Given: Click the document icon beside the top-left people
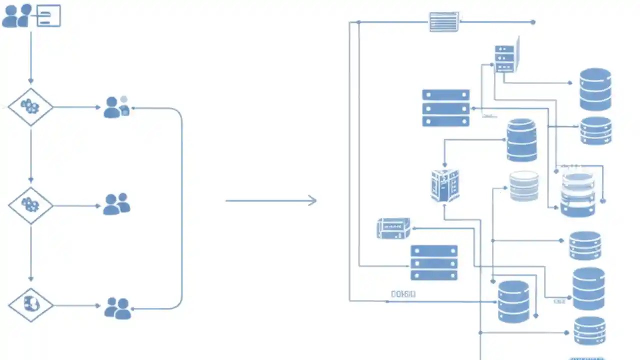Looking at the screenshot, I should tap(48, 15).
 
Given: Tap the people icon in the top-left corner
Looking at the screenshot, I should tap(17, 16).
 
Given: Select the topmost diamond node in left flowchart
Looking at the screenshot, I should tap(30, 106).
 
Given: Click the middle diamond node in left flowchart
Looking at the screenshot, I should tap(30, 205).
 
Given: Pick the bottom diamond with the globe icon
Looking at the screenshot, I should tap(30, 304).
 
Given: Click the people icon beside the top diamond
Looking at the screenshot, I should tap(116, 107).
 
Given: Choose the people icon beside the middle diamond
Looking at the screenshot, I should tap(116, 204).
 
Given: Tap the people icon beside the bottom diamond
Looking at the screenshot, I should tap(117, 308).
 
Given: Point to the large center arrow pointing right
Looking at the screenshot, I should tap(271, 201).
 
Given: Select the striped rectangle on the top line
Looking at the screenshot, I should tap(444, 22).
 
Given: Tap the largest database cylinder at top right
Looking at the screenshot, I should tap(595, 89).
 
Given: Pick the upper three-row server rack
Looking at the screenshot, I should tap(446, 107).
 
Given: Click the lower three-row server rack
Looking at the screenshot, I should tap(434, 262).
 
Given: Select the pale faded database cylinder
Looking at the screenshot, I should tap(524, 186).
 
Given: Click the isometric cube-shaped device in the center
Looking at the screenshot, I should tap(445, 185).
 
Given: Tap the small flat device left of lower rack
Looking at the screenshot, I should tap(393, 228).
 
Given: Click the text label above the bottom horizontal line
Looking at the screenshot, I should tap(403, 294).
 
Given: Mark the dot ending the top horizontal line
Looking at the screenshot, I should tap(533, 22).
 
